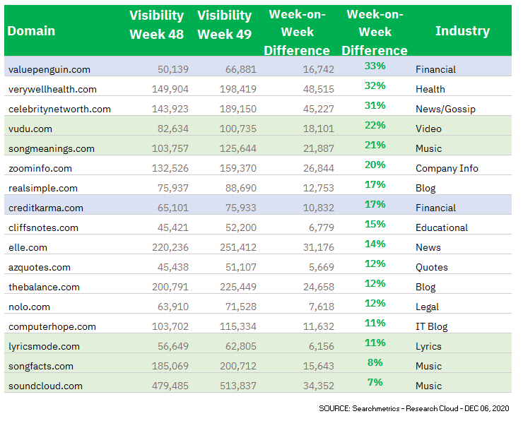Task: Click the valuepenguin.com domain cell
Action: point(49,69)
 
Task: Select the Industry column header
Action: point(462,30)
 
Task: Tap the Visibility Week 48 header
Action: point(156,25)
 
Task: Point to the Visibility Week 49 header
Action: point(225,25)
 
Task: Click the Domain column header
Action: point(31,30)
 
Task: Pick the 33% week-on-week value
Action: point(375,66)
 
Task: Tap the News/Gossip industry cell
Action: point(445,109)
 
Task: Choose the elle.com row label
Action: point(28,247)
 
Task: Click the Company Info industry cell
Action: point(447,168)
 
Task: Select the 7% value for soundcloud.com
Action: point(375,382)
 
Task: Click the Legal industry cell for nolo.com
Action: point(427,307)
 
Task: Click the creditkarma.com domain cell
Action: point(45,208)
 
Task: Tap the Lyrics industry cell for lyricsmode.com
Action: point(428,346)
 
